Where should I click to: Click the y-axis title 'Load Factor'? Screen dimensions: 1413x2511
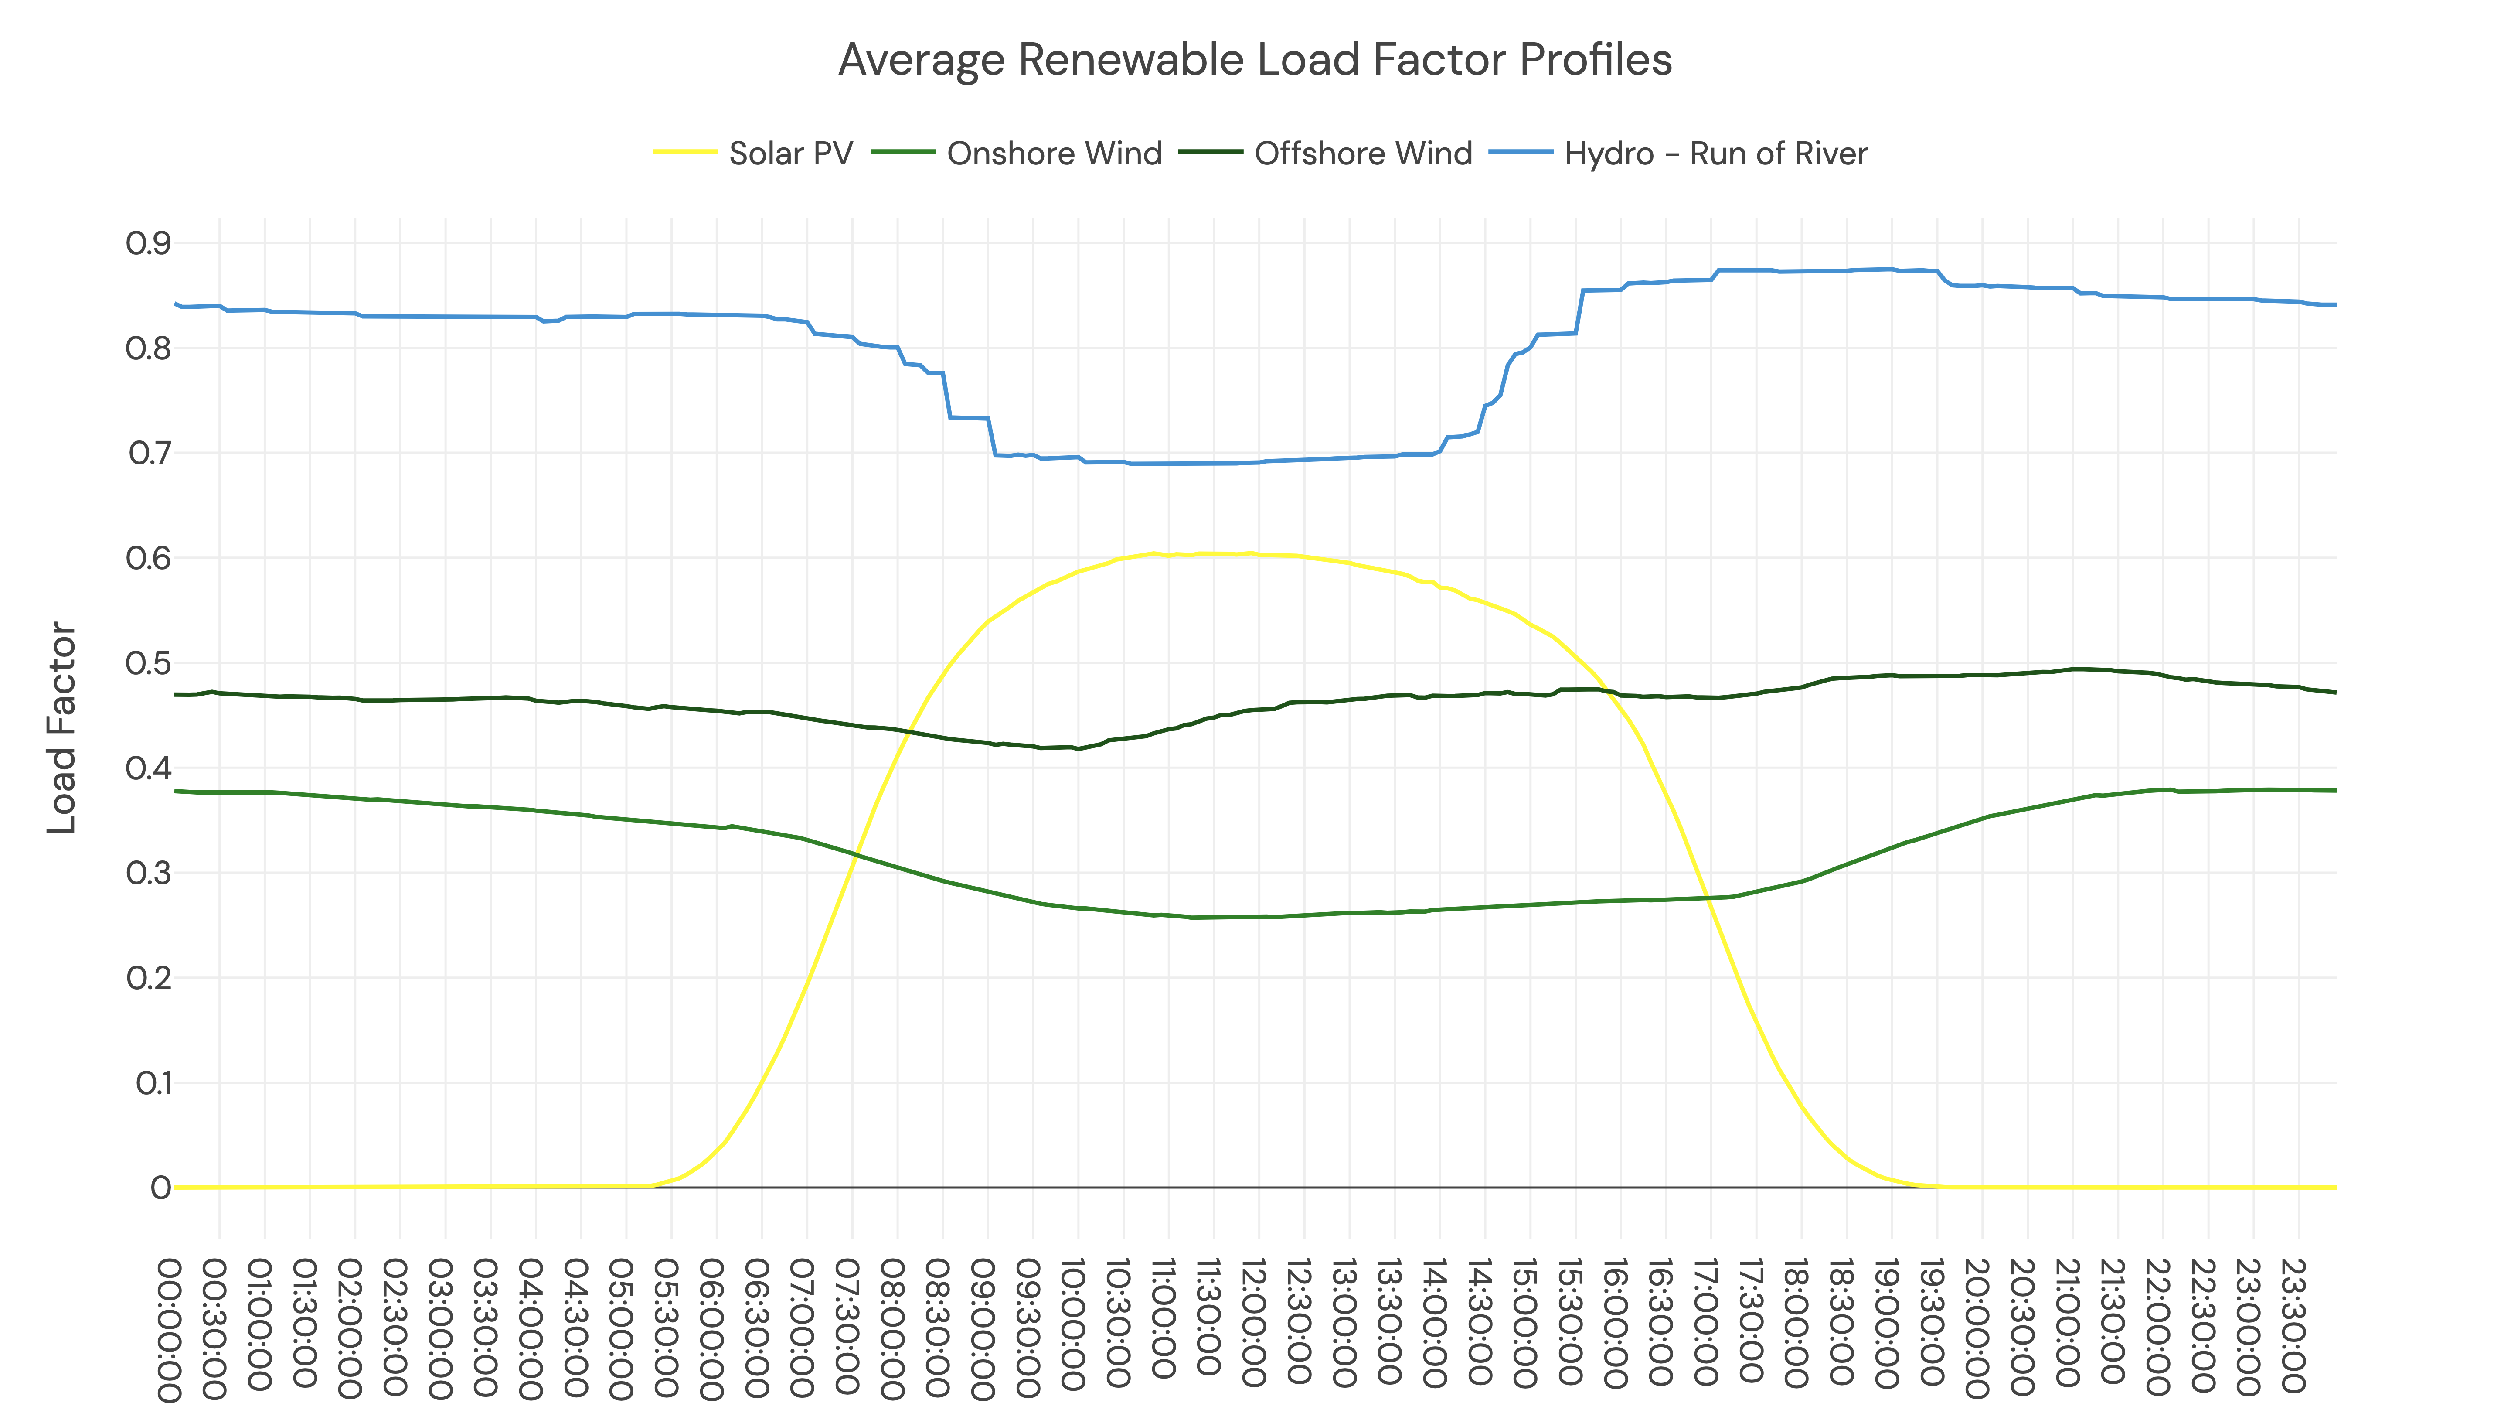61,727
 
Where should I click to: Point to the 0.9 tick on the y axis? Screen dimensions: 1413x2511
148,243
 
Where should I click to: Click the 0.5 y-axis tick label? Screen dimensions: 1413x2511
148,663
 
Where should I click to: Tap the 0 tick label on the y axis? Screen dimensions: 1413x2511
161,1188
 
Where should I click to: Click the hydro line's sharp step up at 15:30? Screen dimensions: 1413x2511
1579,312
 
